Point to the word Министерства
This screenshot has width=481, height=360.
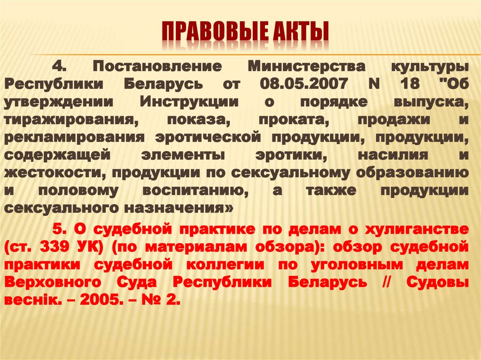click(301, 66)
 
